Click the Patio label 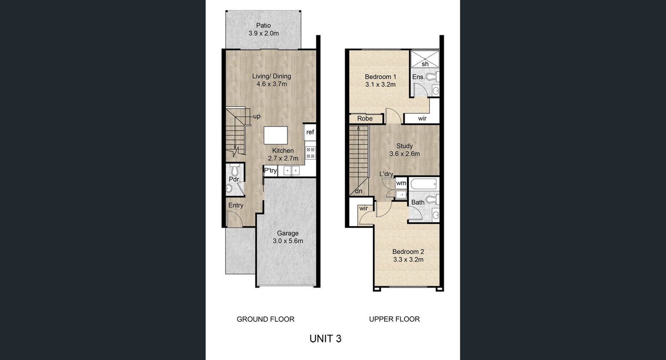click(263, 25)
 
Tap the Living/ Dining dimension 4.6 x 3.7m click(272, 84)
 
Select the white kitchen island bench click(276, 135)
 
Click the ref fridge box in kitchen click(310, 132)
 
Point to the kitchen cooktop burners click(311, 153)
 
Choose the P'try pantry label click(270, 171)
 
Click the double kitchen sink click(292, 171)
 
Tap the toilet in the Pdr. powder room click(235, 169)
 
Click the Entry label click(236, 206)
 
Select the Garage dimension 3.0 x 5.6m click(288, 241)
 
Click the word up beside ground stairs click(256, 117)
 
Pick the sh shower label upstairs click(425, 64)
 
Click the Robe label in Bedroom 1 click(365, 119)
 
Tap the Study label click(404, 146)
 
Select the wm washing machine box click(401, 183)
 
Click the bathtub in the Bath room click(424, 184)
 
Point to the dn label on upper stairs click(358, 191)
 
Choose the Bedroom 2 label click(408, 252)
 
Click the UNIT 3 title click(326, 339)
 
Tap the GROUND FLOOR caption click(266, 319)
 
